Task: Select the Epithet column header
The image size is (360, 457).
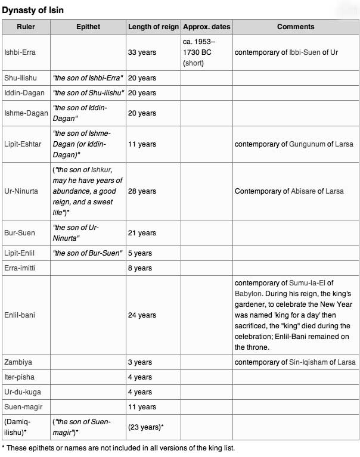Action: tap(88, 27)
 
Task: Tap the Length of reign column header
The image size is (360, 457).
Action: tap(153, 27)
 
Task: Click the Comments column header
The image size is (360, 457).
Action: tap(296, 27)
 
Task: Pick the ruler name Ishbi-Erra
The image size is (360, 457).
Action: tap(20, 52)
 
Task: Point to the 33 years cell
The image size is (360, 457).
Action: tap(142, 52)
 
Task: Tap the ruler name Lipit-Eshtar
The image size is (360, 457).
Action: tap(23, 144)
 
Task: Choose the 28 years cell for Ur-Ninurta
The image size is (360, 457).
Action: tap(142, 191)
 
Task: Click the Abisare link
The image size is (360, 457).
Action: tap(307, 191)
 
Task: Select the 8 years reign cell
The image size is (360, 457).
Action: tap(140, 268)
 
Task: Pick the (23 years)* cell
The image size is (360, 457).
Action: tap(146, 427)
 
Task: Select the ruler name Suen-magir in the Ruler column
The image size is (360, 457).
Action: tap(22, 407)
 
